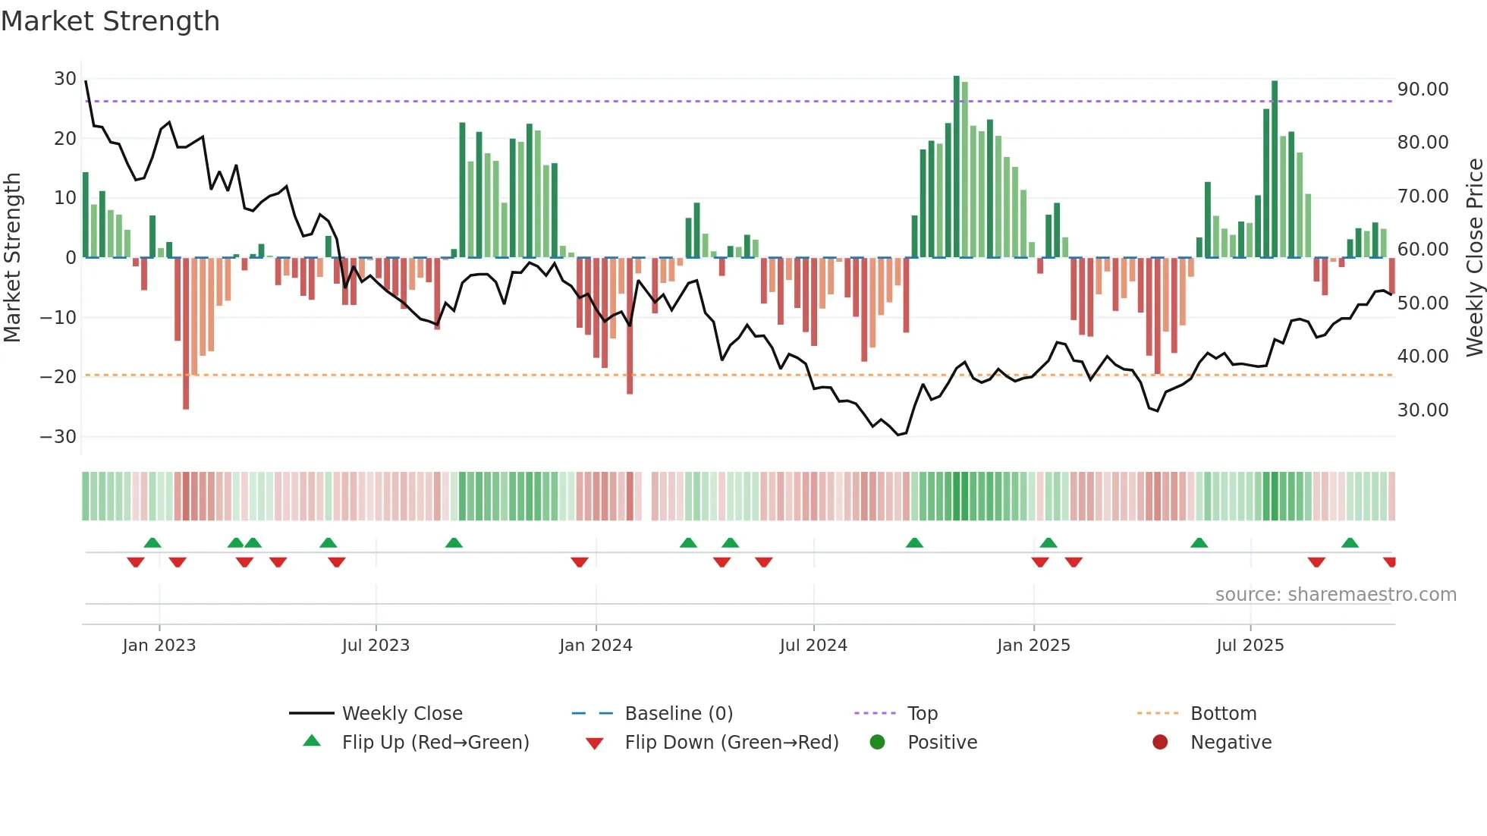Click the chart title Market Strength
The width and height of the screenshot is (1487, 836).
pos(110,21)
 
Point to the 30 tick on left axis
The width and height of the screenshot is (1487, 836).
pos(65,79)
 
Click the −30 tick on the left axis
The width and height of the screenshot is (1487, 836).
pos(58,437)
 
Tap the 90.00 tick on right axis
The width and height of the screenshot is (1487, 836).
pos(1423,90)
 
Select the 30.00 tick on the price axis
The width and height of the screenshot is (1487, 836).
pos(1423,410)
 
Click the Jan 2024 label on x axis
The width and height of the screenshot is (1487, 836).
pos(596,646)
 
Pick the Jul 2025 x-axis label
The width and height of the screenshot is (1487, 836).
pos(1250,646)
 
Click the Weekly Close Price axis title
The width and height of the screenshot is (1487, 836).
pos(1474,258)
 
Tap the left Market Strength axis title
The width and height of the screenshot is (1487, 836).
pos(13,258)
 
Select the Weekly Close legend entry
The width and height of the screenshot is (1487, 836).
pos(401,714)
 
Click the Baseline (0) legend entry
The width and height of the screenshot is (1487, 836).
pos(678,714)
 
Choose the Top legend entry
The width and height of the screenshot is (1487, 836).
pos(922,714)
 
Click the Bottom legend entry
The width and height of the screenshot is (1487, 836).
pos(1223,714)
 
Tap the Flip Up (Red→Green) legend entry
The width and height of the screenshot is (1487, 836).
pos(435,743)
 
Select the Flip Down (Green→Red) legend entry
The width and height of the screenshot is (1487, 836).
pos(731,743)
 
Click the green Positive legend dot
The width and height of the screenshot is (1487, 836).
pos(878,743)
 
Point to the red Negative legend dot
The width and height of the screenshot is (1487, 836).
pos(1160,743)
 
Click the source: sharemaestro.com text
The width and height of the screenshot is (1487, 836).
pos(1335,595)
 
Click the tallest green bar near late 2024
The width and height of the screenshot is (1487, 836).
pos(957,167)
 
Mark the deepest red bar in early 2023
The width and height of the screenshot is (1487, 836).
pos(186,334)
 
